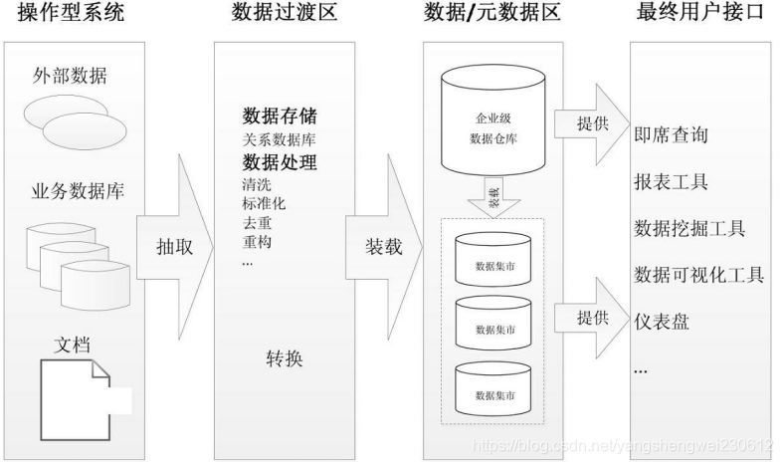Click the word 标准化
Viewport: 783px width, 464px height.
click(264, 203)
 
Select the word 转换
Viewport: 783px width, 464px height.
click(286, 357)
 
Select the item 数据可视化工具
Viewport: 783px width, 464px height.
click(697, 274)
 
